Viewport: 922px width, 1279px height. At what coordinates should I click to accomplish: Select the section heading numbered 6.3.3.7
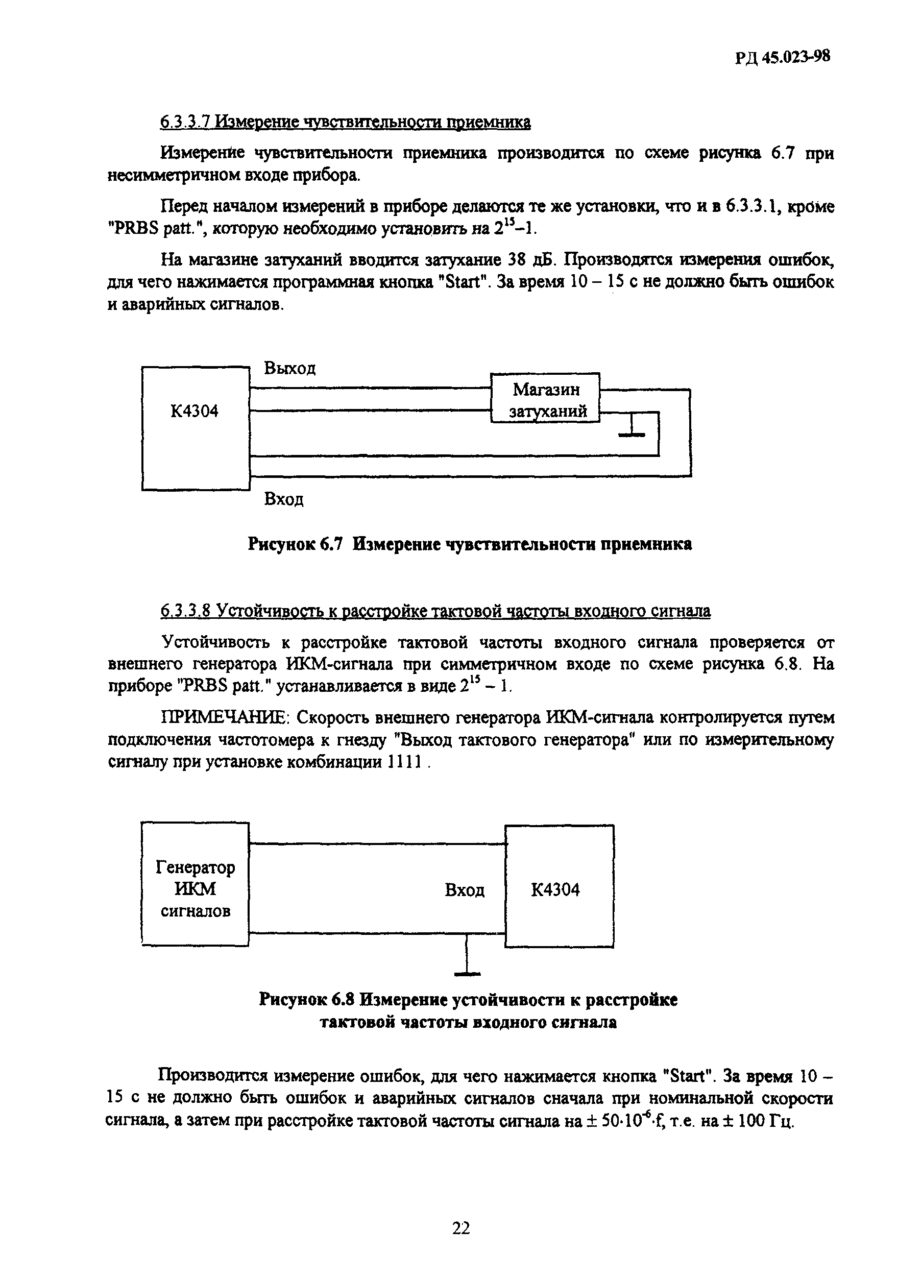click(x=345, y=123)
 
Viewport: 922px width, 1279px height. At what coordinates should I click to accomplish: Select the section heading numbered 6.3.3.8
click(x=435, y=611)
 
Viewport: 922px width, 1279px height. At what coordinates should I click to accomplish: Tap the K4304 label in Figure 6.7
click(x=194, y=411)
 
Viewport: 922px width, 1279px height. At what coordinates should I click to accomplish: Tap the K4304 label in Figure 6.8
click(x=555, y=890)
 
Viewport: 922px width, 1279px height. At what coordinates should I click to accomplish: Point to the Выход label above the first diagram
click(x=290, y=368)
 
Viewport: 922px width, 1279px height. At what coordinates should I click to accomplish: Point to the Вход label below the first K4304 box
click(x=284, y=499)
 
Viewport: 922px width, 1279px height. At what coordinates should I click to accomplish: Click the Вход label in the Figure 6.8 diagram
click(x=464, y=890)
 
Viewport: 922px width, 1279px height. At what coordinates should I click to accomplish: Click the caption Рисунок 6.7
click(x=295, y=544)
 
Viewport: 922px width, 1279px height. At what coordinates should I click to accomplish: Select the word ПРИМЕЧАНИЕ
click(x=225, y=718)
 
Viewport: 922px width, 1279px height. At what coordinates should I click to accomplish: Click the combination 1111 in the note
click(x=405, y=762)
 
